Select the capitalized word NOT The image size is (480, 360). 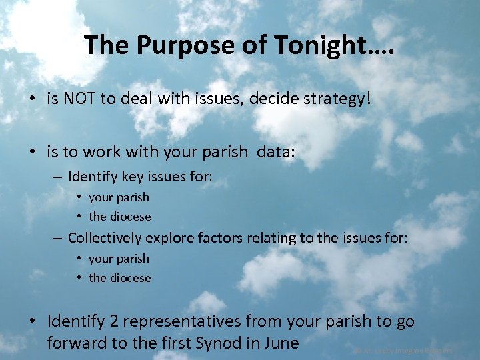[x=77, y=99]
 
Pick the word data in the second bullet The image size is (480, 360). [x=278, y=152]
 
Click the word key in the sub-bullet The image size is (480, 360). [x=129, y=177]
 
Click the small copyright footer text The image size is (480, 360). [x=404, y=350]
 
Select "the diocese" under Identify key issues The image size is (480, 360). [x=120, y=217]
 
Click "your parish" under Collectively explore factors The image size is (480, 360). [x=119, y=259]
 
